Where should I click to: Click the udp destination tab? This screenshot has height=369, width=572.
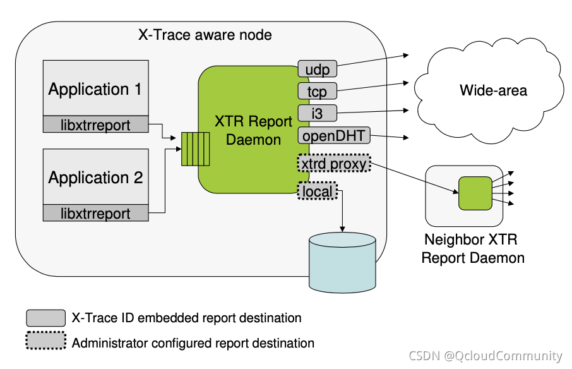click(x=317, y=68)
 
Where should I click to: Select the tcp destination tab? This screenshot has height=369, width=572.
click(x=317, y=92)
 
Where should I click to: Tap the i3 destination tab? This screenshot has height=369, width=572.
click(x=317, y=114)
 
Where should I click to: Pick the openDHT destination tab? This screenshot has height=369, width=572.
click(x=333, y=136)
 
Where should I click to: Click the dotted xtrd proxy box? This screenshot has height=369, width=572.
click(x=333, y=164)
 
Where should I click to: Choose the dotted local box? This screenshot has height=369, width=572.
click(x=318, y=190)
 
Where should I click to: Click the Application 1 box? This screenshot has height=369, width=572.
click(x=95, y=88)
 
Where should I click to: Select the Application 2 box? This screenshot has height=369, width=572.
click(x=95, y=177)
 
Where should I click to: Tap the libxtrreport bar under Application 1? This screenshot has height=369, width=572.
click(x=95, y=124)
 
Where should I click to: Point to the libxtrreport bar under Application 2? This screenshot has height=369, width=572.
click(x=95, y=213)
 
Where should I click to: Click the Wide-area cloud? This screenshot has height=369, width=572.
click(x=493, y=91)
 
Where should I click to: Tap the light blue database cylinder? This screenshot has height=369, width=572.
click(x=342, y=262)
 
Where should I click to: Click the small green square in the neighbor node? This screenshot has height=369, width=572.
click(x=475, y=193)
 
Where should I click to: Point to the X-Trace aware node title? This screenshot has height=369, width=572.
click(x=205, y=35)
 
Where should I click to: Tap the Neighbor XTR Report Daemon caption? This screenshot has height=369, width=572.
click(x=473, y=249)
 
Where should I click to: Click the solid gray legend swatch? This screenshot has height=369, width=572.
click(x=45, y=318)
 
